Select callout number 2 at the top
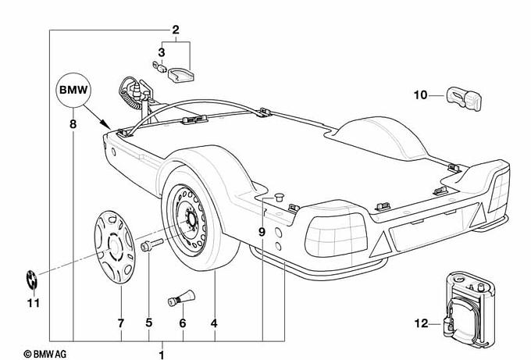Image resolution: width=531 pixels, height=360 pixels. point(176,30)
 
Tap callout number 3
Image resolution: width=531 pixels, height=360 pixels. point(162,52)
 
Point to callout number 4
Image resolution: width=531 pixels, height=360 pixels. point(213,323)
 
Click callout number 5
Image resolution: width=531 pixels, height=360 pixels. point(148,323)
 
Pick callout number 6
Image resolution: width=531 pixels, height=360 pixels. point(183,323)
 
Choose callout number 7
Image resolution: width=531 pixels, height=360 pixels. point(121,323)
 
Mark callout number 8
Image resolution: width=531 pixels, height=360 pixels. point(72,123)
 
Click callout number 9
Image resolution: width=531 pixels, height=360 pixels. point(262,232)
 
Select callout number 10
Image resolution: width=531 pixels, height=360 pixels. point(421,95)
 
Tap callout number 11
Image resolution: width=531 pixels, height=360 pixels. point(32,303)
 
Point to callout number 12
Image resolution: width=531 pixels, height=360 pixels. point(421,323)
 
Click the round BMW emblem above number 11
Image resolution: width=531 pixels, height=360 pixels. point(32,278)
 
